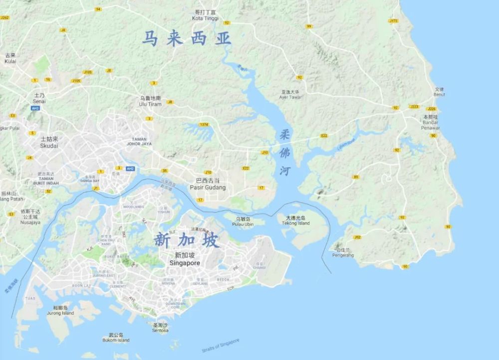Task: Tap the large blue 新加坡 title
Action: click(x=187, y=241)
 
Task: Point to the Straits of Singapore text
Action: click(x=221, y=346)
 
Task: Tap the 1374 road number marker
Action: click(x=204, y=124)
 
